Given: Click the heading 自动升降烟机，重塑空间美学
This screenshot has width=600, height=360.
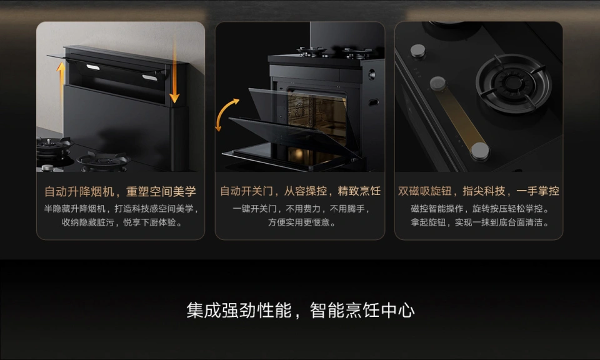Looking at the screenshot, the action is (120, 191).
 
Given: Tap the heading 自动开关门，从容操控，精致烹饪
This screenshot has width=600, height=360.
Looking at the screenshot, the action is (301, 191).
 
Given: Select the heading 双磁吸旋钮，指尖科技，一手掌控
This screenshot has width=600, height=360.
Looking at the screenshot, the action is (479, 191).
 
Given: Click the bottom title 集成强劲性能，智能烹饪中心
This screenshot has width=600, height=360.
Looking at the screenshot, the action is (301, 310).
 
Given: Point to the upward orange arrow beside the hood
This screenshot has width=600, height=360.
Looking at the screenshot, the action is (61, 84).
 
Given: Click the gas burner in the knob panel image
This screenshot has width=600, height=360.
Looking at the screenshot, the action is (513, 83).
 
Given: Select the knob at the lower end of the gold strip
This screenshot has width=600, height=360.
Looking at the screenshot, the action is (480, 151).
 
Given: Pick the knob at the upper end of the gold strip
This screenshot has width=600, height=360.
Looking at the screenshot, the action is (437, 83).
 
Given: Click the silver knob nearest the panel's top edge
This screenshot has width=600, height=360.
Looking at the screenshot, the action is (418, 51).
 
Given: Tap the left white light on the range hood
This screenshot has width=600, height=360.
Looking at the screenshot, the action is (93, 67).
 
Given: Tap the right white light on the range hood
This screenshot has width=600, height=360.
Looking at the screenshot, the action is (149, 78).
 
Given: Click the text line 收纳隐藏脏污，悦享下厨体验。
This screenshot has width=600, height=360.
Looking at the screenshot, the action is (122, 222).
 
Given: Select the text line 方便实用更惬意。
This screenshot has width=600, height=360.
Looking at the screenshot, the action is (301, 222).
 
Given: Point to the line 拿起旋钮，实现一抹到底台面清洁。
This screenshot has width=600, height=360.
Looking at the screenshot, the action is (479, 222).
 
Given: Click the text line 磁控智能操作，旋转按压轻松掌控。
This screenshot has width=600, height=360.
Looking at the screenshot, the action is (479, 209).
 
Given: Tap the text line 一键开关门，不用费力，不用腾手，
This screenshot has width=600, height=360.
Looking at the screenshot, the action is (301, 209).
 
